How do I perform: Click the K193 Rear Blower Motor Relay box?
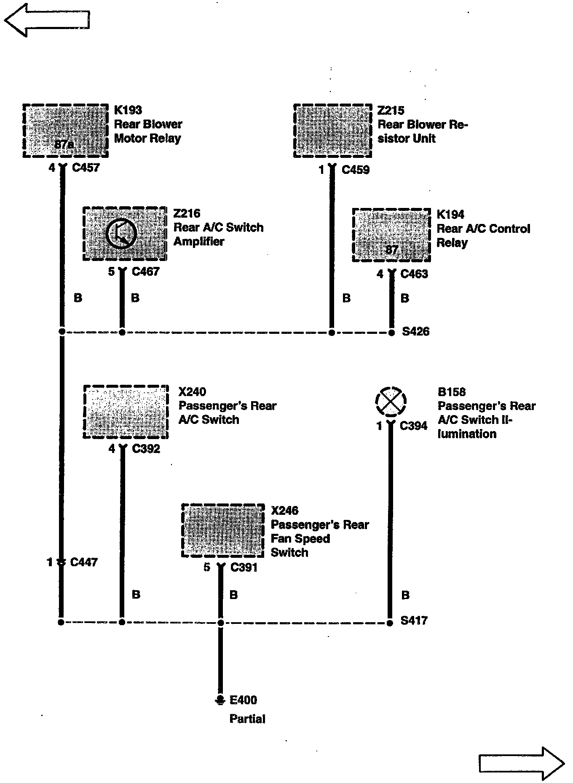pos(65,130)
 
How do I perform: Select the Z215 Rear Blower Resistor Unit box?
pos(332,130)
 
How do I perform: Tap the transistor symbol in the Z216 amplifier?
pos(121,234)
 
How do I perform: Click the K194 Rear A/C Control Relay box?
pos(391,234)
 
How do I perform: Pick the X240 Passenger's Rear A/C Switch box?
pos(126,412)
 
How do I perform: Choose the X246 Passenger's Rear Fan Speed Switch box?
pos(223,530)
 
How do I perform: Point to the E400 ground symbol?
pos(220,700)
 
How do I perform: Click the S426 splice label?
pos(415,332)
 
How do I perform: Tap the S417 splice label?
pos(414,621)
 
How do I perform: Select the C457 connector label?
pos(86,168)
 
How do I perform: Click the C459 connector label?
pos(356,170)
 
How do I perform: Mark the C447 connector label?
pos(84,562)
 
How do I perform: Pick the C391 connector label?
pos(244,567)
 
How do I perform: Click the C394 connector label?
pos(413,426)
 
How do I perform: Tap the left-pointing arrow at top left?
pos(46,19)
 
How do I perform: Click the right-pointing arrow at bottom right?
pos(522,763)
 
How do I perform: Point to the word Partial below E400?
pos(247,719)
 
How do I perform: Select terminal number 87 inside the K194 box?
pos(391,250)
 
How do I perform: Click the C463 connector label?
pos(414,274)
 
